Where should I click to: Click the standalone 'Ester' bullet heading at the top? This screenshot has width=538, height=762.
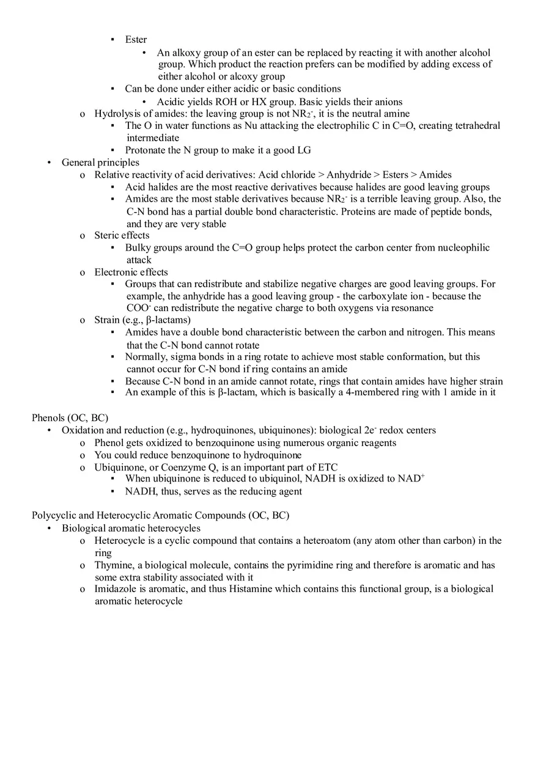[x=136, y=40]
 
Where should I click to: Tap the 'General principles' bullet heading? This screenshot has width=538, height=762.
[x=100, y=163]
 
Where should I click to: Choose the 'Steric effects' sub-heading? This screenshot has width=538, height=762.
[x=122, y=235]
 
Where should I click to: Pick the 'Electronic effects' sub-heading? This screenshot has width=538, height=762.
[x=131, y=272]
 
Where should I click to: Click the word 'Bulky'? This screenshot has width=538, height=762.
[x=138, y=247]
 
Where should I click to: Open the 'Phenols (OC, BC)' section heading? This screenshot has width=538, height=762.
[x=70, y=418]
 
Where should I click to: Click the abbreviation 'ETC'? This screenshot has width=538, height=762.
[x=327, y=467]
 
